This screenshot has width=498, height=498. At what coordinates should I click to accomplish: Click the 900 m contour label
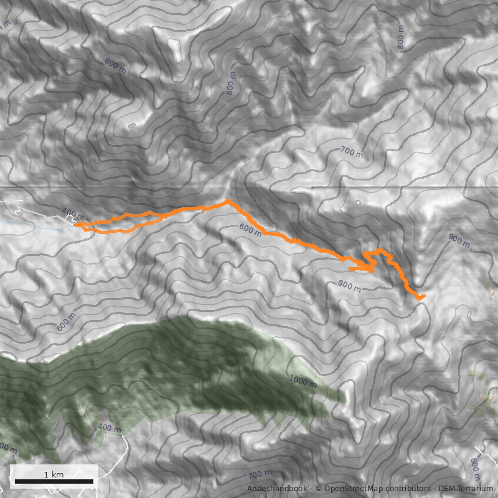tap(459, 238)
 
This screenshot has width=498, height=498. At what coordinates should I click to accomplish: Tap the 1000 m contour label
tap(303, 380)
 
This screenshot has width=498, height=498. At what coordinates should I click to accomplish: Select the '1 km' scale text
tap(54, 474)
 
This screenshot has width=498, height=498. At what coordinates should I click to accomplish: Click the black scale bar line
tap(54, 481)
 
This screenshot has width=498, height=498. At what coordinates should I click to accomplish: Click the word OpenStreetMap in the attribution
tap(350, 489)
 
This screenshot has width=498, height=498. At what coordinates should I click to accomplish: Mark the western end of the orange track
tap(75, 225)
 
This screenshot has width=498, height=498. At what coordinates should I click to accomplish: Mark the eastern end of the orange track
tap(423, 296)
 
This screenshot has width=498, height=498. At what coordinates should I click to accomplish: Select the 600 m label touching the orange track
tap(250, 230)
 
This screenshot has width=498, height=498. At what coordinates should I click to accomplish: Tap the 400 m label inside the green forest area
tap(110, 428)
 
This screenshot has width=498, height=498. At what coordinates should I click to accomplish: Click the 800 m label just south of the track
tap(349, 286)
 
